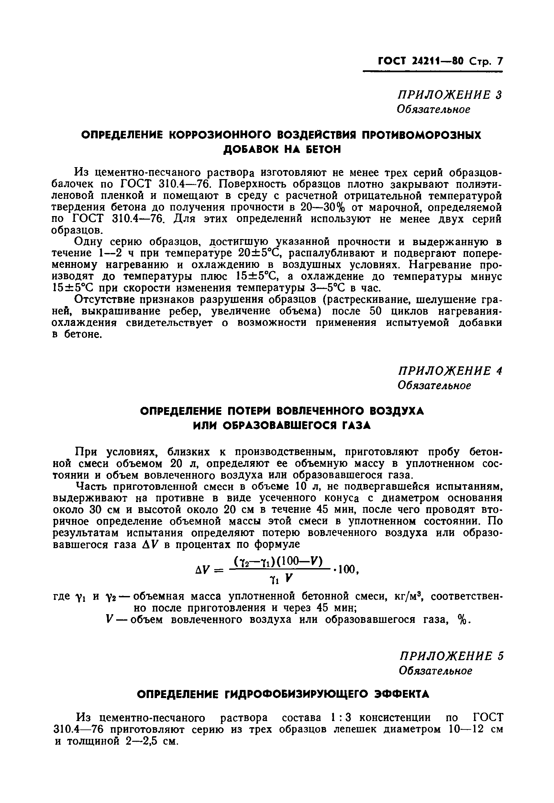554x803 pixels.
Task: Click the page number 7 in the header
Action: click(499, 62)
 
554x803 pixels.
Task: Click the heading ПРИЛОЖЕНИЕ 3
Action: click(450, 95)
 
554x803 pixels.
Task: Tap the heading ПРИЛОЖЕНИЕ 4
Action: click(450, 371)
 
